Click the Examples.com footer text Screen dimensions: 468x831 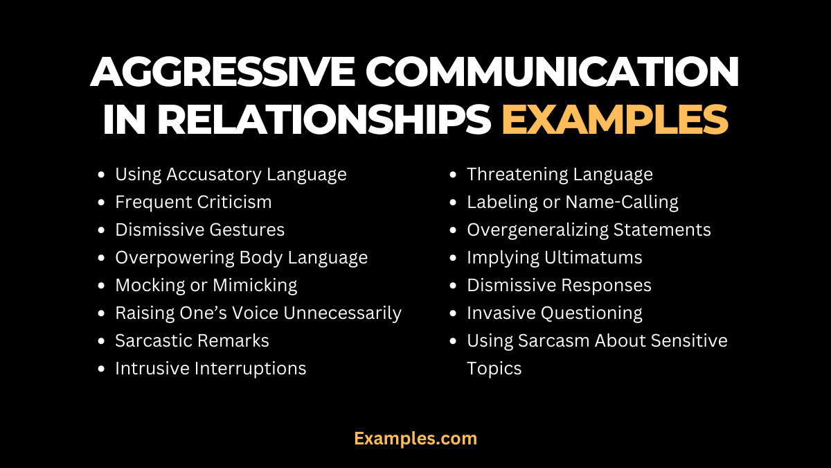[415, 438]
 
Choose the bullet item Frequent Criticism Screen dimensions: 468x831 [193, 202]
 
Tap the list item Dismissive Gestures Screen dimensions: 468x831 [199, 229]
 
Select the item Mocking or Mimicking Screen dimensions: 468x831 [206, 285]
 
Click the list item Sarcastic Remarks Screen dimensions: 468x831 [192, 340]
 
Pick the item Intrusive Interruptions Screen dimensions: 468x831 [211, 368]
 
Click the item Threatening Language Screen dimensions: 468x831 [560, 174]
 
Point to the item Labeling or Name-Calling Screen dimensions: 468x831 [572, 202]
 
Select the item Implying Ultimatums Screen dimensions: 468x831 [554, 257]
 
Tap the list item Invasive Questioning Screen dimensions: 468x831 [554, 313]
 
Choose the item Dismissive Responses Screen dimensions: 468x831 [559, 285]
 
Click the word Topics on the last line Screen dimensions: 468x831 [494, 368]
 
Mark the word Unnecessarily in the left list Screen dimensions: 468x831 [343, 313]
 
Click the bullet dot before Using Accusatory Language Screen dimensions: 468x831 [102, 175]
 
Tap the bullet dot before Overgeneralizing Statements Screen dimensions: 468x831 [454, 230]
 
